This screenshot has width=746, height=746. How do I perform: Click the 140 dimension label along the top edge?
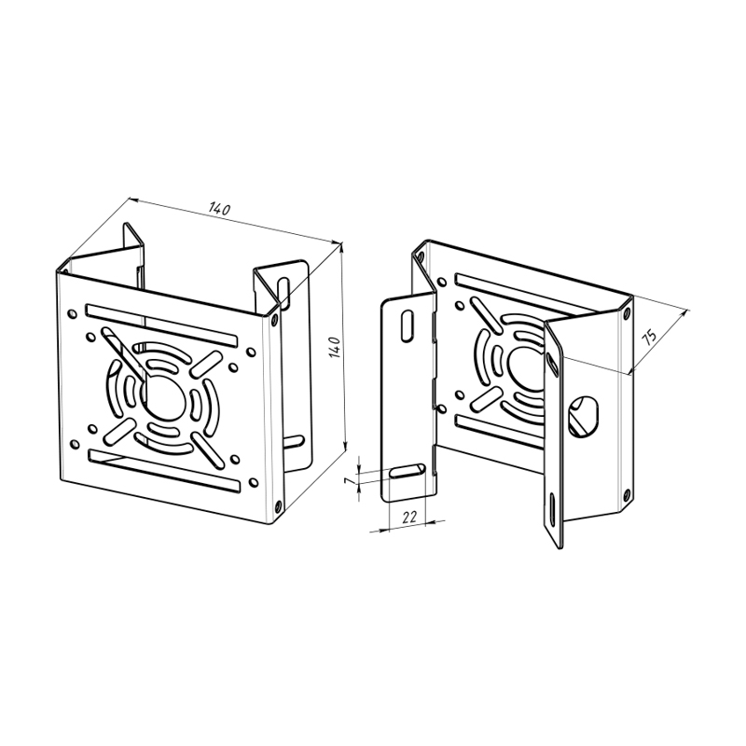(x=219, y=209)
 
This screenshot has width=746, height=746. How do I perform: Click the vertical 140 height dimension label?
(x=335, y=347)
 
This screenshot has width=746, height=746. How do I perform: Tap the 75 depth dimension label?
(x=649, y=337)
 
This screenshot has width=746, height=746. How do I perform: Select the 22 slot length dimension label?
(x=409, y=517)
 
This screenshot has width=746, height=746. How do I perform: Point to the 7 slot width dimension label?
(x=351, y=481)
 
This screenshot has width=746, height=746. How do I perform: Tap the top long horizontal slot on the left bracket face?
(x=161, y=325)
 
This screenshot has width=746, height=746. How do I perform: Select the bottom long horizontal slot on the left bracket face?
(x=165, y=470)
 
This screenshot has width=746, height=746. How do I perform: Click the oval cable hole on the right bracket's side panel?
(x=584, y=415)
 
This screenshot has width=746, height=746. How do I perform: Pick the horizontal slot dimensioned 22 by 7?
(x=408, y=471)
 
